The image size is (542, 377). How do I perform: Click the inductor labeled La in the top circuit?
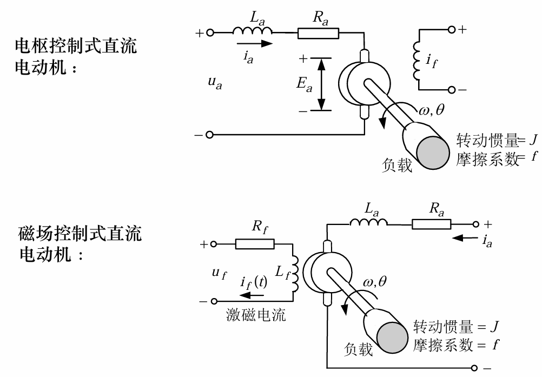pyautogui.click(x=253, y=32)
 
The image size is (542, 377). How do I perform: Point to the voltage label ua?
pyautogui.click(x=215, y=84)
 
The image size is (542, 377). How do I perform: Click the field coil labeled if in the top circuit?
pyautogui.click(x=417, y=59)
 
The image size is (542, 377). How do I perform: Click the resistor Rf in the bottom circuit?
pyautogui.click(x=255, y=244)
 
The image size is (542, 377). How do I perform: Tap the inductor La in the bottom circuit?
pyautogui.click(x=368, y=223)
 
